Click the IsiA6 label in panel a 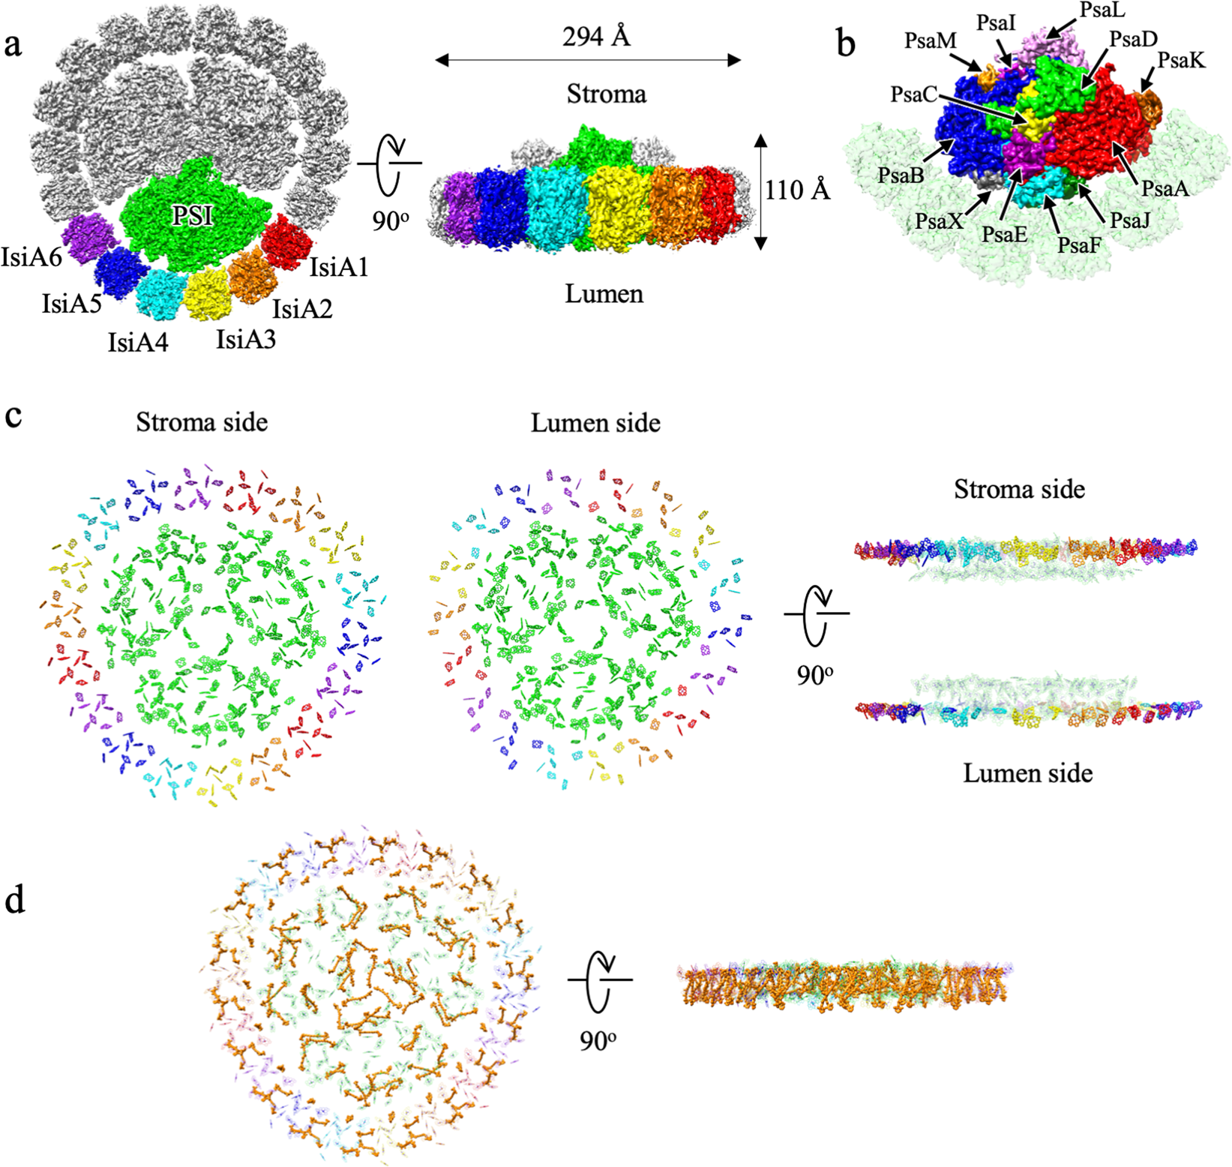pyautogui.click(x=31, y=257)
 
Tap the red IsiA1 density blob pyautogui.click(x=287, y=241)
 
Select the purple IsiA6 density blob pyautogui.click(x=88, y=238)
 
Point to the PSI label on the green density pyautogui.click(x=193, y=216)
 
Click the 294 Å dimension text pyautogui.click(x=596, y=36)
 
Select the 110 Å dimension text pyautogui.click(x=797, y=190)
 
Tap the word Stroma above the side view pyautogui.click(x=606, y=94)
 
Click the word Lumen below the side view pyautogui.click(x=604, y=293)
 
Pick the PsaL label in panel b pyautogui.click(x=1102, y=10)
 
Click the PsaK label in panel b pyautogui.click(x=1181, y=60)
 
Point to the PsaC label pyautogui.click(x=913, y=94)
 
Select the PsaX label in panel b pyautogui.click(x=939, y=221)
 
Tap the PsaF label pyautogui.click(x=1079, y=244)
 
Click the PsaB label pyautogui.click(x=901, y=175)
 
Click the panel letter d pyautogui.click(x=14, y=899)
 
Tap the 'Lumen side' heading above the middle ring pyautogui.click(x=595, y=423)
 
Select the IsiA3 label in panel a pyautogui.click(x=246, y=340)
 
